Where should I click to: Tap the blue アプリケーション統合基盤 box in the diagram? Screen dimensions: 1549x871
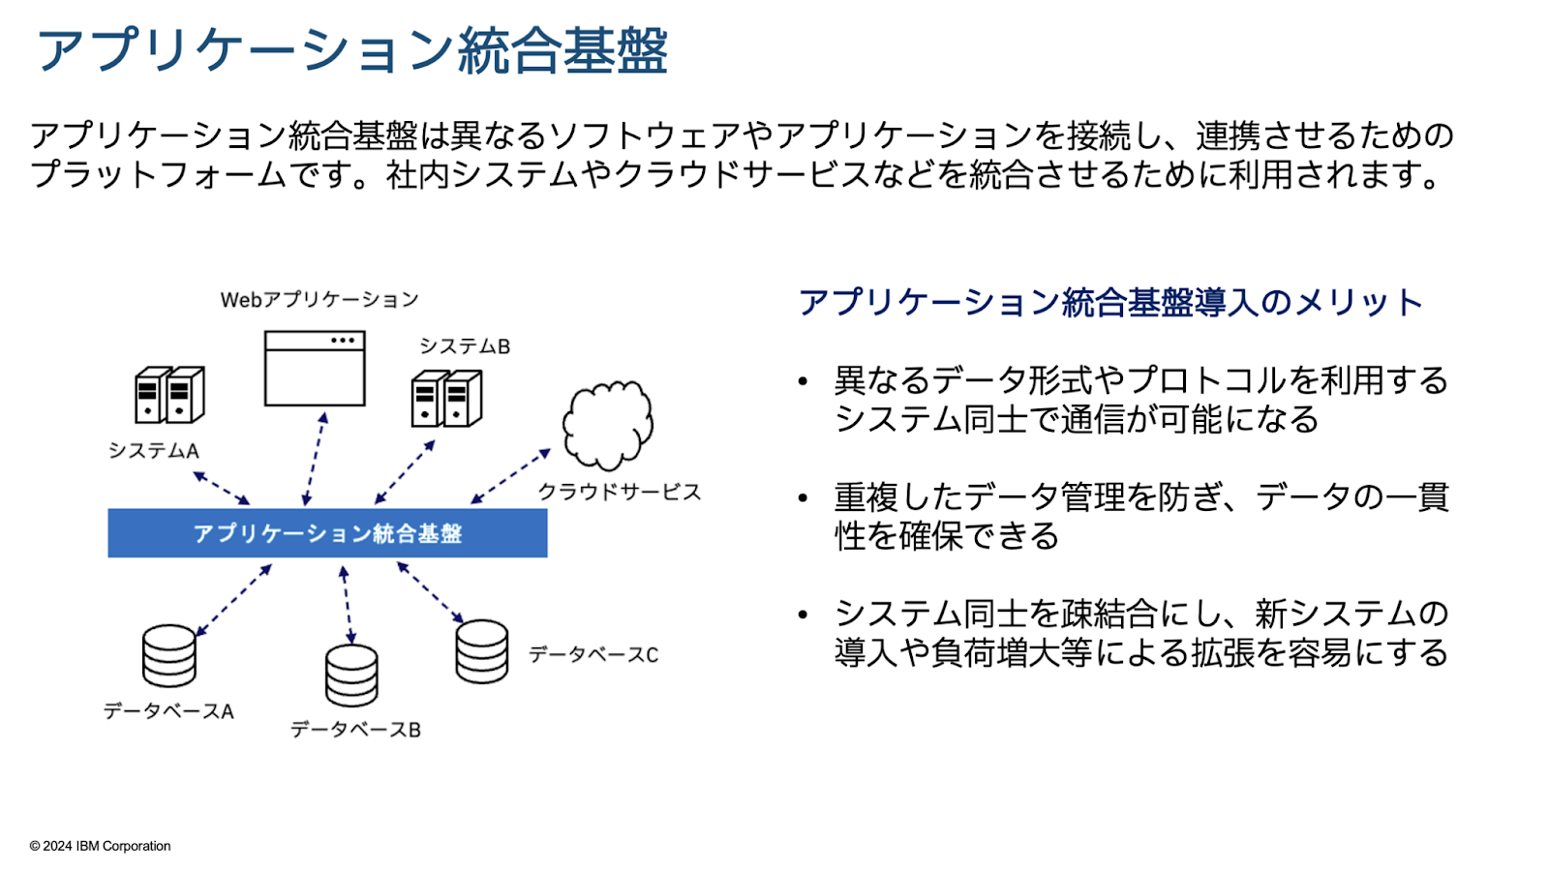tap(327, 533)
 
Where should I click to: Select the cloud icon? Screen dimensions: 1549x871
tap(607, 425)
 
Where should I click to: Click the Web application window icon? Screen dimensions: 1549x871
tap(315, 369)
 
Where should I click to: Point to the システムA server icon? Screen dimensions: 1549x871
tap(169, 395)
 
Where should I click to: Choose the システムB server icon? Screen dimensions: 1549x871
tap(446, 399)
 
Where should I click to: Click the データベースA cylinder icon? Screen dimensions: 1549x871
tap(169, 656)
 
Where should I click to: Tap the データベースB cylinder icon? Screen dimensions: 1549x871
tap(352, 676)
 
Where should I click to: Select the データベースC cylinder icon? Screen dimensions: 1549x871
tap(482, 652)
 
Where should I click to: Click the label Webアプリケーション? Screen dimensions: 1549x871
tap(319, 300)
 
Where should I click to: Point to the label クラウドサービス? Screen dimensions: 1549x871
tap(620, 492)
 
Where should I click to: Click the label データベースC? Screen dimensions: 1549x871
tap(593, 654)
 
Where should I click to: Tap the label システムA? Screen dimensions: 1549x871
tap(154, 451)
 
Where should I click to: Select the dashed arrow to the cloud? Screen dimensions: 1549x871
tap(510, 476)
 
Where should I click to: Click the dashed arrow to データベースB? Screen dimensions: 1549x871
tap(348, 606)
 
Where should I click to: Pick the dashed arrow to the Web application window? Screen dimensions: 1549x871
tap(315, 459)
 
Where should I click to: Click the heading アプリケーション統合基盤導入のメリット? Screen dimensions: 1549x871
tap(1110, 303)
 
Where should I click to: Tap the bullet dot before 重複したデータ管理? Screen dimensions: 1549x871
tap(803, 497)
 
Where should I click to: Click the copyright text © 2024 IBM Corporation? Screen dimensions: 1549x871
tap(101, 846)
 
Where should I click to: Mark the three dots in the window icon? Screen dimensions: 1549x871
tap(343, 340)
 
